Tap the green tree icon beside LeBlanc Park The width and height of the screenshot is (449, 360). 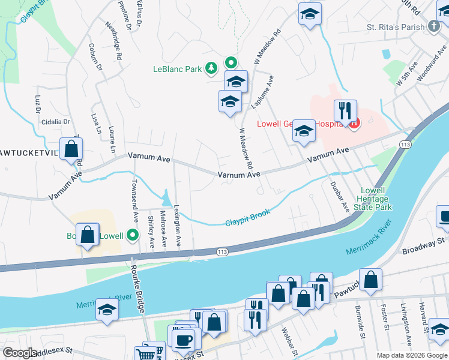(211, 69)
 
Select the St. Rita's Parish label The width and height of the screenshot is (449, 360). (396, 27)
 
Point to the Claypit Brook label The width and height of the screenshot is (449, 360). (247, 218)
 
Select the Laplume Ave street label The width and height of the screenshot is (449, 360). (262, 92)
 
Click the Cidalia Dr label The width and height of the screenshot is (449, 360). (56, 122)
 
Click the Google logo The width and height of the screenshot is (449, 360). (20, 353)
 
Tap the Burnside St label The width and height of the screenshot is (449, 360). (361, 323)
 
